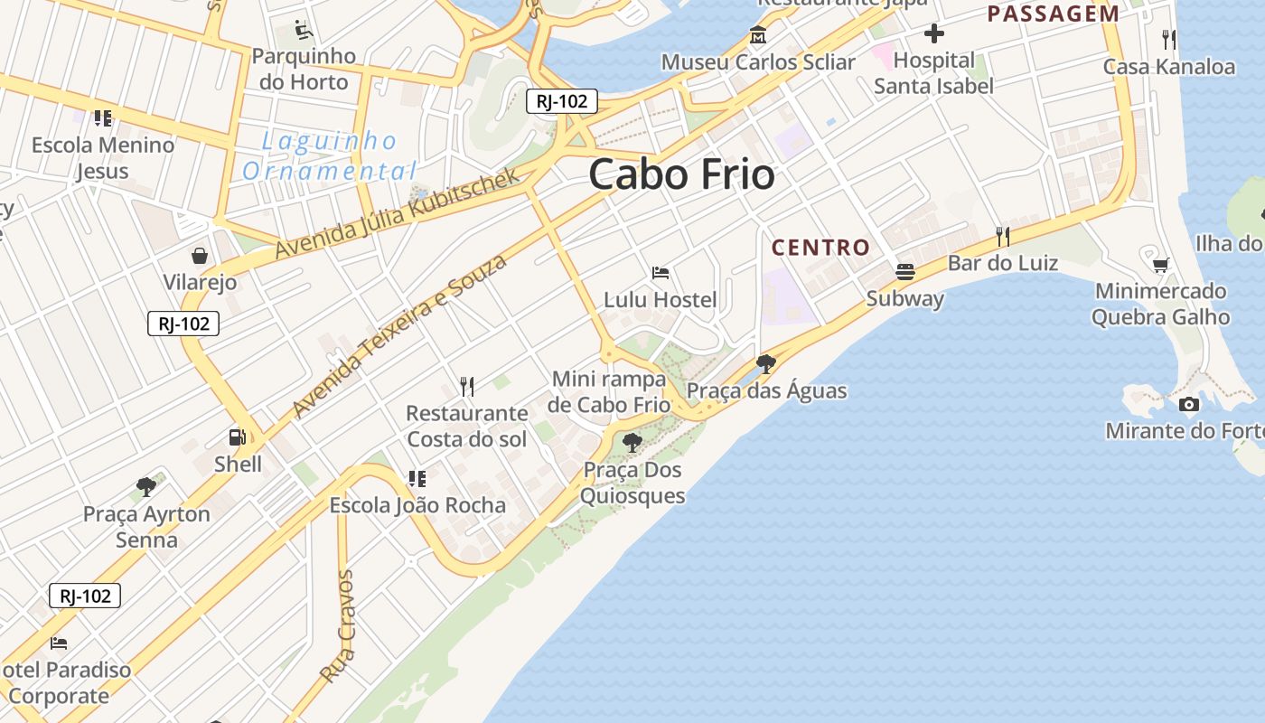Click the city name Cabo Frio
pyautogui.click(x=681, y=174)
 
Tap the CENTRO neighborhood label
pyautogui.click(x=820, y=247)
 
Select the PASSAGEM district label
pyautogui.click(x=1053, y=14)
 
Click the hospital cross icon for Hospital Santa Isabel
pyautogui.click(x=934, y=34)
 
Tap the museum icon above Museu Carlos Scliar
pyautogui.click(x=757, y=36)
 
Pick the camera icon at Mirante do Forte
pyautogui.click(x=1189, y=404)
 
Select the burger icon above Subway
pyautogui.click(x=904, y=271)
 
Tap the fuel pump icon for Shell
pyautogui.click(x=238, y=437)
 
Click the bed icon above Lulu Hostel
pyautogui.click(x=661, y=272)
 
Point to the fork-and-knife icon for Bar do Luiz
pyautogui.click(x=1002, y=236)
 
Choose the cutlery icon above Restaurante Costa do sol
pyautogui.click(x=467, y=387)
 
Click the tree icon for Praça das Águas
pyautogui.click(x=766, y=364)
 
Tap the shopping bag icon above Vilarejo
pyautogui.click(x=200, y=256)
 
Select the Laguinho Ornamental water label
pyautogui.click(x=330, y=155)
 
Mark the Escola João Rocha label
pyautogui.click(x=417, y=505)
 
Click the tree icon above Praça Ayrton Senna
pyautogui.click(x=146, y=487)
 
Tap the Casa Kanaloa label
pyautogui.click(x=1168, y=66)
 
